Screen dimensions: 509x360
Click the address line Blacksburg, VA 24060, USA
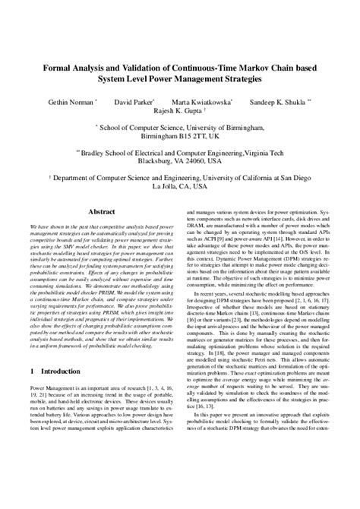tap(180, 160)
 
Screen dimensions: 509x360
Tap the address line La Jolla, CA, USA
tap(180, 185)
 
